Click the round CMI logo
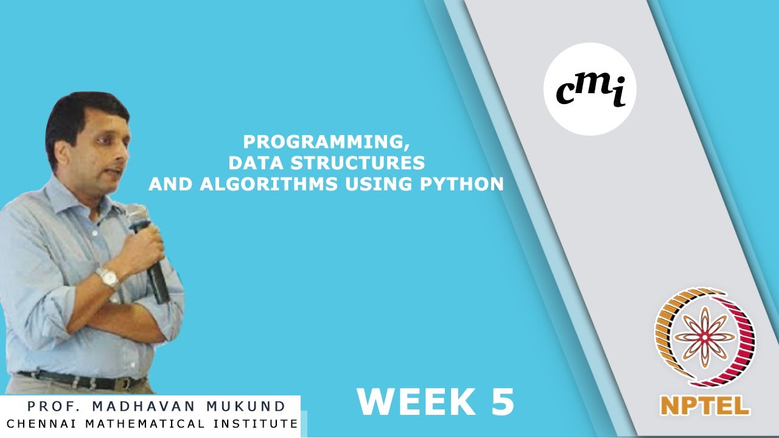point(589,89)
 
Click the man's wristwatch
point(108,278)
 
